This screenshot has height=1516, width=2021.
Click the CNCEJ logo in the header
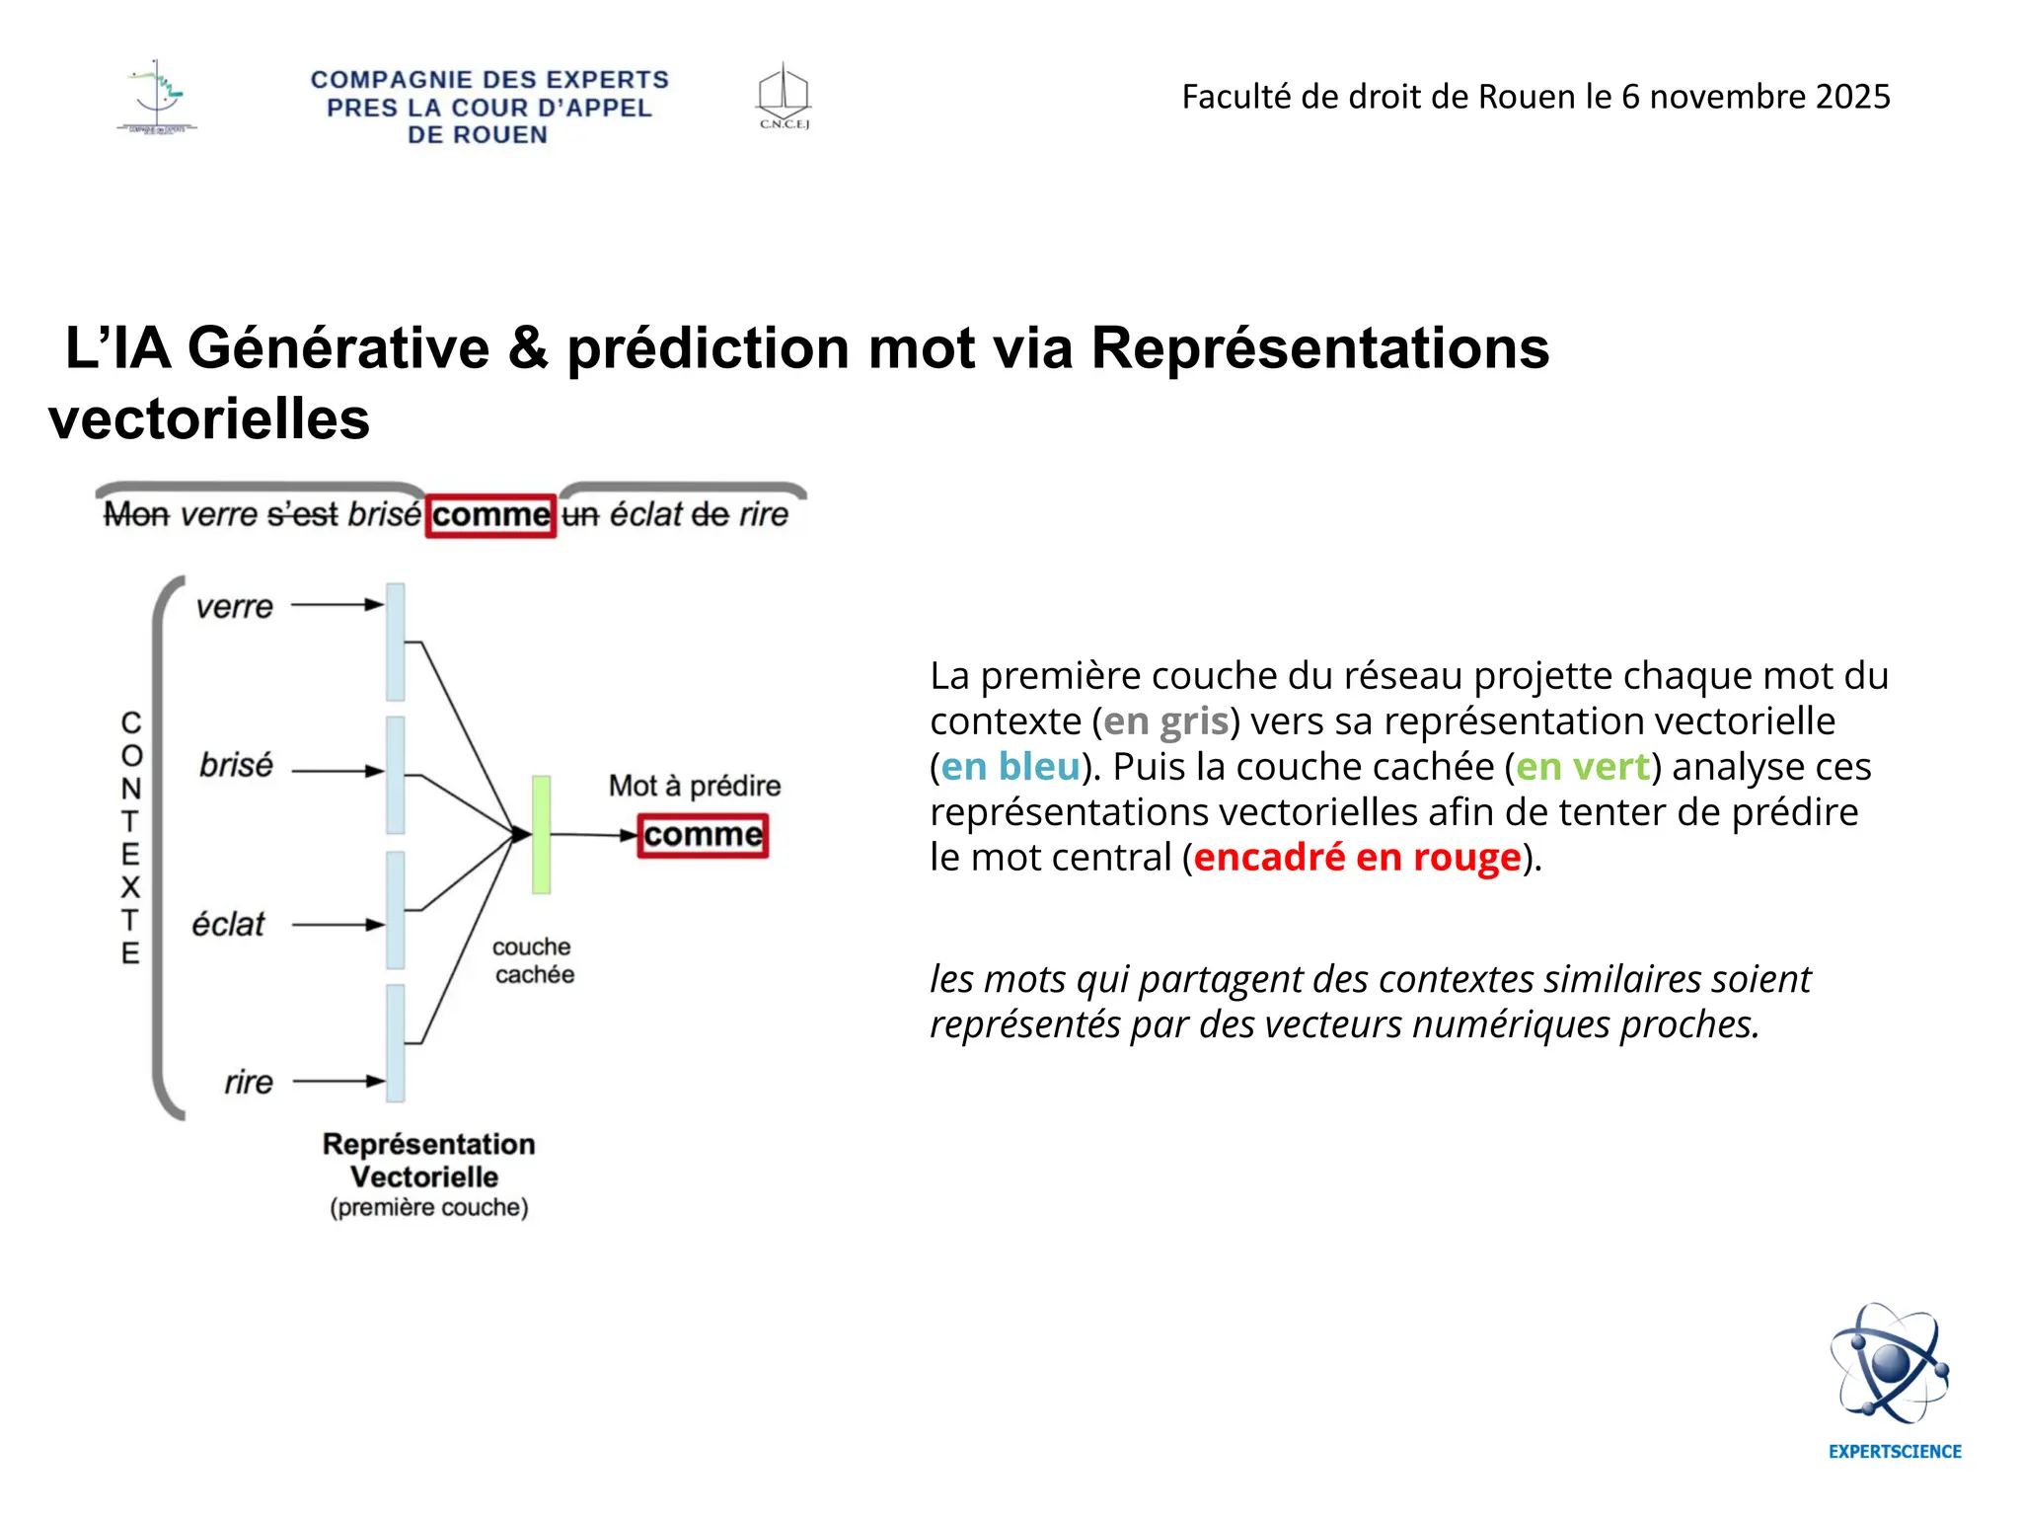tap(784, 96)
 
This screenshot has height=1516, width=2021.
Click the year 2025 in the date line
tap(1852, 97)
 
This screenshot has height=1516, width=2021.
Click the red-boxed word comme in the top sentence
tap(490, 515)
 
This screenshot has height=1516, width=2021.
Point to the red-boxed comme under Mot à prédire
tap(703, 835)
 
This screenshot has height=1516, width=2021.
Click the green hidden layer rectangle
tap(541, 835)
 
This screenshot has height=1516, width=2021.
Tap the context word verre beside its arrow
tap(234, 606)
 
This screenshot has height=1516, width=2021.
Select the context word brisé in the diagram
tap(236, 765)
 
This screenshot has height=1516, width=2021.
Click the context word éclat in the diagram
tap(229, 925)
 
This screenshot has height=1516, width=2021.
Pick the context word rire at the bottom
tap(248, 1083)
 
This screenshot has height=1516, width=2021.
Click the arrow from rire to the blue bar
tap(337, 1081)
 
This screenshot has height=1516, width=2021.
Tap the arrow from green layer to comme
tap(592, 835)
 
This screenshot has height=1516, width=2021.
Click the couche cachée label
tap(533, 960)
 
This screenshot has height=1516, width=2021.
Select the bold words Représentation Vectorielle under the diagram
tap(427, 1161)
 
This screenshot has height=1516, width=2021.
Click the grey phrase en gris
tap(1165, 721)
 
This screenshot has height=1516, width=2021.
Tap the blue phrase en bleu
tap(1010, 767)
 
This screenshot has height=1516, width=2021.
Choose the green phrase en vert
tap(1583, 767)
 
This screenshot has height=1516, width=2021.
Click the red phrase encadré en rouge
tap(1357, 858)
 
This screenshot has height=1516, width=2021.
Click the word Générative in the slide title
tap(338, 348)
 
